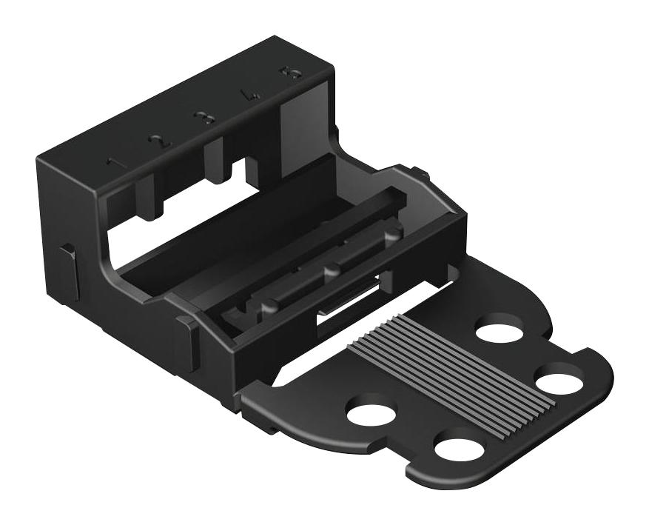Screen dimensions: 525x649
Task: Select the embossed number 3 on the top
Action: tap(201, 118)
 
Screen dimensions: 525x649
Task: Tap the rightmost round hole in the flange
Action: tap(559, 381)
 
